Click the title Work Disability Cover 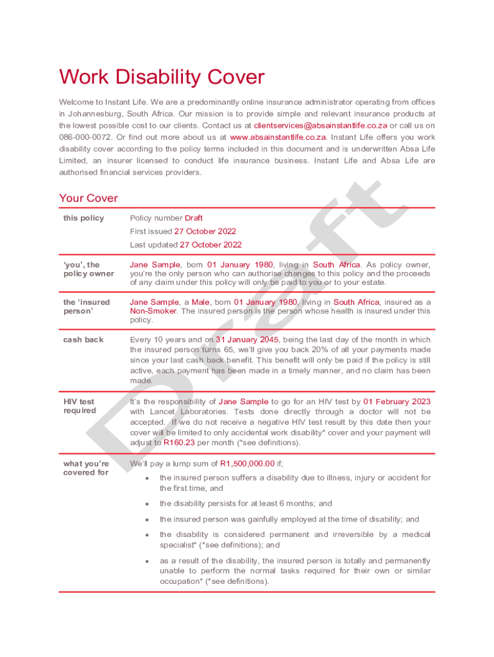[162, 78]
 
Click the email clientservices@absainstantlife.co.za [320, 126]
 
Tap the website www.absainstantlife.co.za [278, 137]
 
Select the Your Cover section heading [89, 198]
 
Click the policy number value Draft [194, 218]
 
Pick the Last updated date [210, 245]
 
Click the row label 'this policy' [83, 218]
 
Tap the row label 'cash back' [83, 339]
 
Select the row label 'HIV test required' [80, 406]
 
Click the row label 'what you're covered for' [86, 468]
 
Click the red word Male [201, 302]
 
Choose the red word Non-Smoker [153, 311]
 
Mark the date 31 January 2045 [247, 339]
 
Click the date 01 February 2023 [397, 402]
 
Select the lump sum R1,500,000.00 [247, 463]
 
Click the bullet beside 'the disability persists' [148, 504]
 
